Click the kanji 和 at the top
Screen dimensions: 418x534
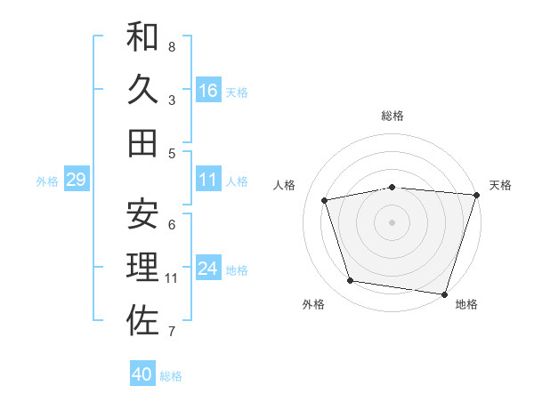point(142,36)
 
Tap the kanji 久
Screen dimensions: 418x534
point(142,89)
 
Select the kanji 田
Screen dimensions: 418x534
point(142,142)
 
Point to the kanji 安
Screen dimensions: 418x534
point(142,213)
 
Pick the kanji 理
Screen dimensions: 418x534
point(142,267)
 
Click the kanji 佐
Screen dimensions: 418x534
point(142,321)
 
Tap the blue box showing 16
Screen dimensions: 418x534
point(208,90)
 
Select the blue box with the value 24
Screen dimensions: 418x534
point(208,269)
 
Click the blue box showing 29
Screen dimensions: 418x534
point(76,181)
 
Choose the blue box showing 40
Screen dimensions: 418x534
point(142,374)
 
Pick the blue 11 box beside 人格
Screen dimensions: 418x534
point(208,180)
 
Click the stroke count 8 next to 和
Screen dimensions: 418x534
point(172,46)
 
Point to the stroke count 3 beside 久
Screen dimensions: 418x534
point(172,100)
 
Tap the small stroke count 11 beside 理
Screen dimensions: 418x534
point(172,277)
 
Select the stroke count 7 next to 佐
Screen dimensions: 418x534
point(172,332)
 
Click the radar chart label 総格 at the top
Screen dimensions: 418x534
point(392,116)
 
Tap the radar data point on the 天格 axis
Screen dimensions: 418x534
point(475,195)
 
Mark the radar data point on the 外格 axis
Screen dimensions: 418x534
point(351,281)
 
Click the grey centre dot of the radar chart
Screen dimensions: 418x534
point(392,221)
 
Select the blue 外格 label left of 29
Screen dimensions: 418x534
point(47,181)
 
